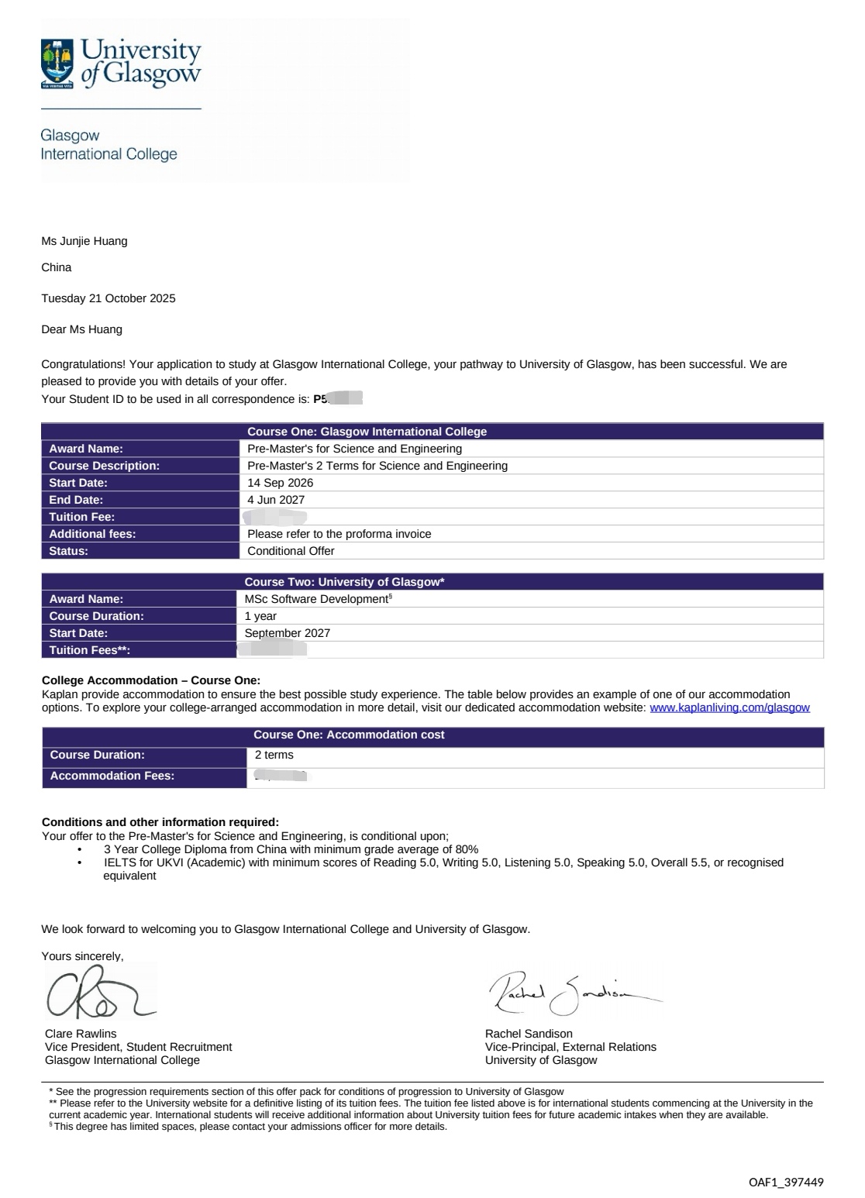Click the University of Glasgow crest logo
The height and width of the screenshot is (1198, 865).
pyautogui.click(x=60, y=63)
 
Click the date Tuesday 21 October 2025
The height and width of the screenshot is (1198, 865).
pyautogui.click(x=109, y=298)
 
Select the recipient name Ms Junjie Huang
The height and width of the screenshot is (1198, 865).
pyautogui.click(x=84, y=241)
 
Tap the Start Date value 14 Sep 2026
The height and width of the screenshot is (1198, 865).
pyautogui.click(x=281, y=483)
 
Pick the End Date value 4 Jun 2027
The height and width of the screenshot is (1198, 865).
pyautogui.click(x=276, y=500)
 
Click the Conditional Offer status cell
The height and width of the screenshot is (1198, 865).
pyautogui.click(x=291, y=551)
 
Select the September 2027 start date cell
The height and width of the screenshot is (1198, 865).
pyautogui.click(x=288, y=633)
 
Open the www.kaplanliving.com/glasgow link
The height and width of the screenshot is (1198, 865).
pyautogui.click(x=729, y=707)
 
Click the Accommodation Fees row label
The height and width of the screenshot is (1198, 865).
pyautogui.click(x=112, y=776)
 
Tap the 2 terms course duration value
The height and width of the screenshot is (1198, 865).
pyautogui.click(x=274, y=755)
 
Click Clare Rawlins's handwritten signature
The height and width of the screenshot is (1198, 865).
pyautogui.click(x=97, y=994)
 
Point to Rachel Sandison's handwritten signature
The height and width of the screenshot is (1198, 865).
pyautogui.click(x=572, y=993)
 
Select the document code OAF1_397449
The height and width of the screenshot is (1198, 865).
pyautogui.click(x=786, y=1182)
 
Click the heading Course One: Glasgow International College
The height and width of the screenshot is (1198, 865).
pyautogui.click(x=367, y=432)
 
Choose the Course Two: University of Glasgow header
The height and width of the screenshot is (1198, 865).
pyautogui.click(x=344, y=582)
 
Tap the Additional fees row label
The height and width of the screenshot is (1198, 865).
pyautogui.click(x=92, y=534)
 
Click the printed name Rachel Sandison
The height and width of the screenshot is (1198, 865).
pyautogui.click(x=529, y=1034)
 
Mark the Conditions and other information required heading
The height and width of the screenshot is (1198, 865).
pyautogui.click(x=160, y=822)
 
